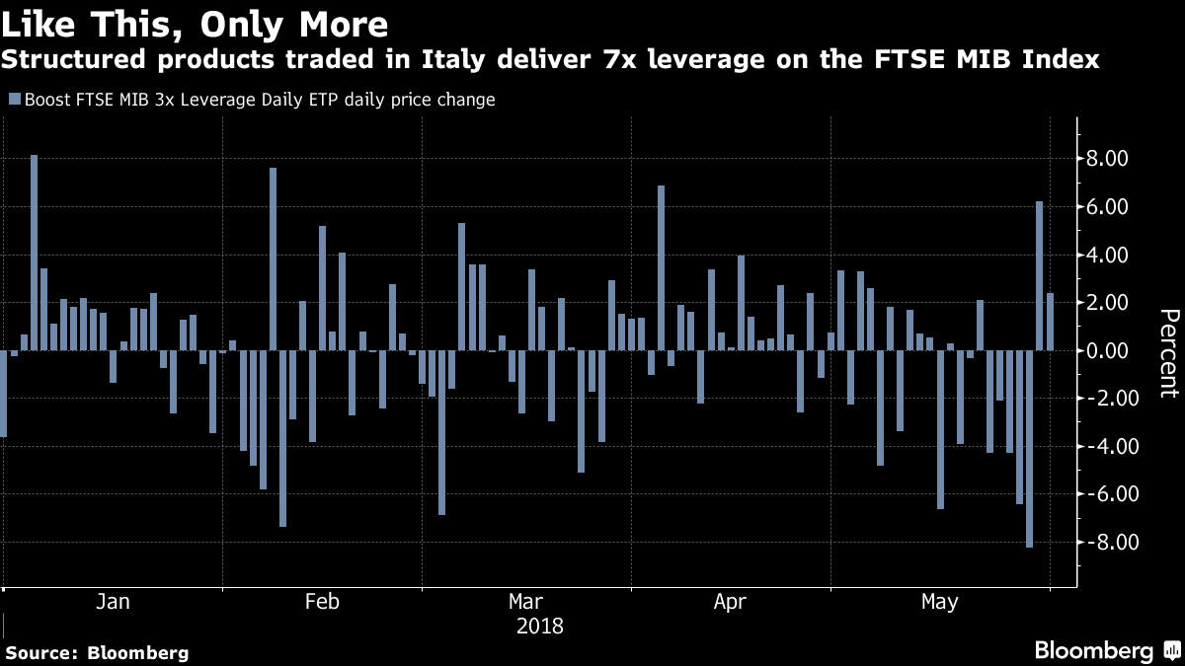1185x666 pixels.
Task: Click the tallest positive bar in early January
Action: [x=34, y=253]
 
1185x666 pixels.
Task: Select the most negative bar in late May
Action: [x=1029, y=448]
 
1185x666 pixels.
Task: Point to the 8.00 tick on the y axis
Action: [x=1108, y=159]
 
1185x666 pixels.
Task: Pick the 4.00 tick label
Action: [x=1108, y=255]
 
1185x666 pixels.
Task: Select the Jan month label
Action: [x=115, y=602]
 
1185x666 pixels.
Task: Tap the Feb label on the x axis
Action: [x=322, y=602]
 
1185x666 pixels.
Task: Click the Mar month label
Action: [x=524, y=602]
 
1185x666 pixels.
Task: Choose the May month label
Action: [x=938, y=602]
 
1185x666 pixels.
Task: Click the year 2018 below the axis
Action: [x=539, y=626]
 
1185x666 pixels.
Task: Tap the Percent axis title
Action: [x=1168, y=352]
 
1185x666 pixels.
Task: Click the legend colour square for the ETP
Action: [x=14, y=100]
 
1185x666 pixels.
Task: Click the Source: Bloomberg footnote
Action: [x=97, y=652]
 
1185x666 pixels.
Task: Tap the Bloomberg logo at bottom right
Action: [x=1105, y=650]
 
